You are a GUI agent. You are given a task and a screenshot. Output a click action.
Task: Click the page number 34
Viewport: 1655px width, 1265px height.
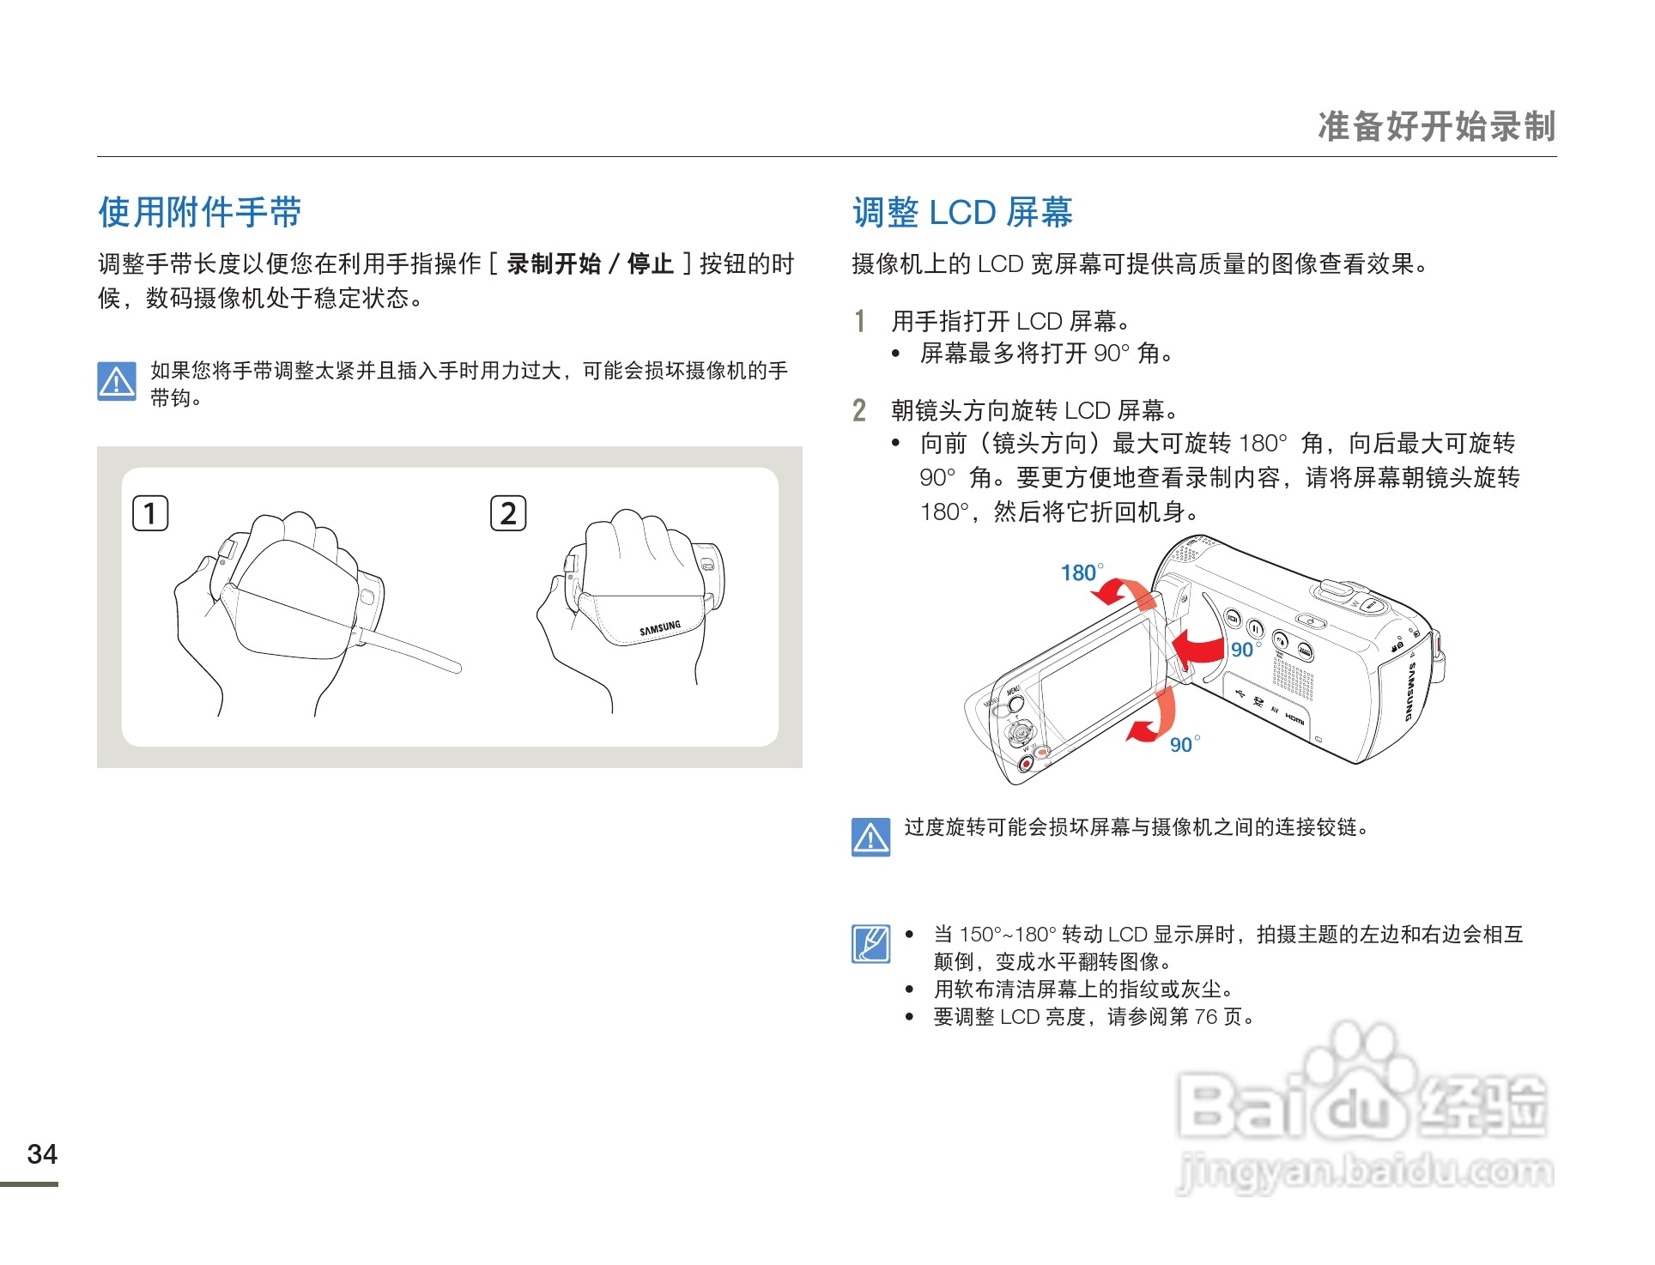tap(42, 1153)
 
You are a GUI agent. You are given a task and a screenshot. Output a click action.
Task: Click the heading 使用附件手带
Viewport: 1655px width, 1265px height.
tap(200, 212)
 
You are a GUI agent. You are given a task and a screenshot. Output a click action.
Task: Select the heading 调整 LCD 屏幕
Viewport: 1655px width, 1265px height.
tap(961, 212)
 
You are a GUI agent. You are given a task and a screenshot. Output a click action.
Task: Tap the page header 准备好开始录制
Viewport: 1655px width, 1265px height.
tap(1436, 126)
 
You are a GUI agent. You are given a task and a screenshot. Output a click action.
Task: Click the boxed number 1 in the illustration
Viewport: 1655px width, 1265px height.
tap(150, 513)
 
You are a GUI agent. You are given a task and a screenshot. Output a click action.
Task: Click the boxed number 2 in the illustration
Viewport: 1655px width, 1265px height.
tap(508, 513)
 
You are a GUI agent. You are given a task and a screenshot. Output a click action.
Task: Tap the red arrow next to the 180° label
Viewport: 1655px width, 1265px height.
tap(1125, 592)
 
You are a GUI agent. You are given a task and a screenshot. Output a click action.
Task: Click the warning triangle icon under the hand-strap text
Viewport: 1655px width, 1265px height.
tap(117, 381)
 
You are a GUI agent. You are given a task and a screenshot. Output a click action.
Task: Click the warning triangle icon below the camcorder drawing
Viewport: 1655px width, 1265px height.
tap(870, 837)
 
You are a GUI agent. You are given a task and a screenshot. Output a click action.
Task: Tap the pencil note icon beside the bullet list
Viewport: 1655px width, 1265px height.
tap(870, 944)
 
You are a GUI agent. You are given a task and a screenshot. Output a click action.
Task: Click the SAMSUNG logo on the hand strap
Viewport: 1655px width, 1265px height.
tap(659, 628)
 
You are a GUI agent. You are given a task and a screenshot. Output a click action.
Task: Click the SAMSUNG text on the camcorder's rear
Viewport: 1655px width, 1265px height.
tap(1409, 691)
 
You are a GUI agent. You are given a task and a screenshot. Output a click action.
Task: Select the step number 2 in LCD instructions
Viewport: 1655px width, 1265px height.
tap(859, 410)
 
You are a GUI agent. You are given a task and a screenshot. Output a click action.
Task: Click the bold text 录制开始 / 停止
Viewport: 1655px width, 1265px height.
tap(590, 263)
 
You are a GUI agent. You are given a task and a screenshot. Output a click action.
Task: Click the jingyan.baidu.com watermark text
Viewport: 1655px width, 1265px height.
tap(1365, 1171)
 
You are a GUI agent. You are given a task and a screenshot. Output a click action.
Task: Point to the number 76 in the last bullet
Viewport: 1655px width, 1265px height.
tap(1205, 1017)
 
